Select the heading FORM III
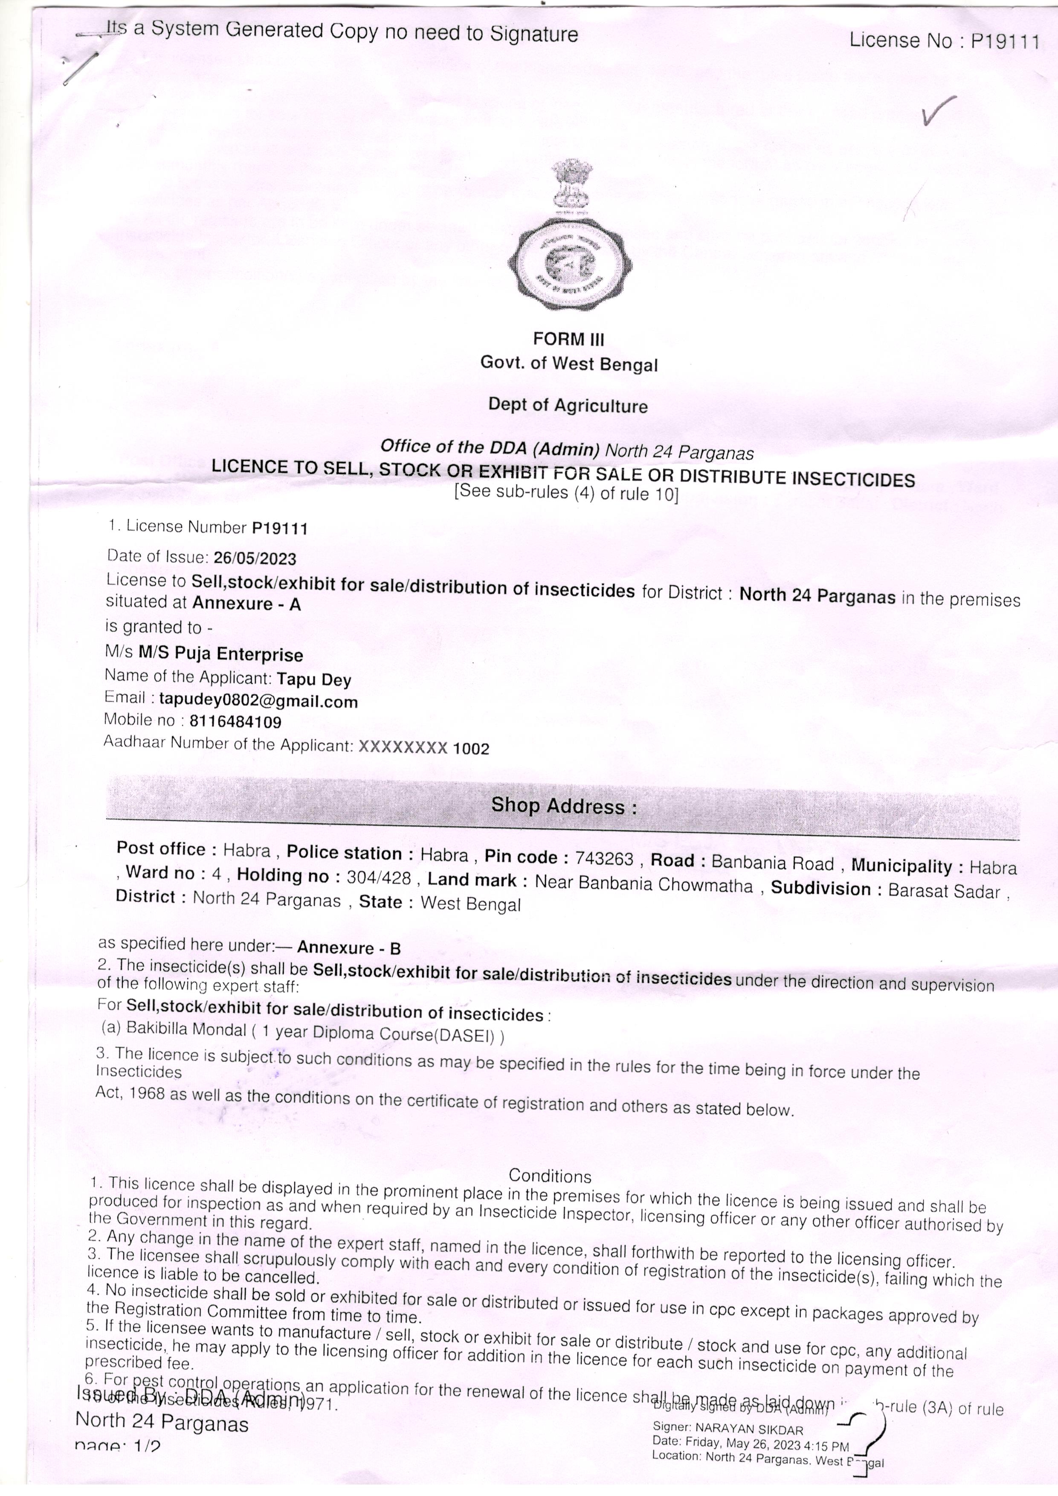pyautogui.click(x=568, y=339)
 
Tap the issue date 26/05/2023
pyautogui.click(x=255, y=558)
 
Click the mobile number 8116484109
pyautogui.click(x=235, y=722)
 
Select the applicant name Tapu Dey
pyautogui.click(x=314, y=680)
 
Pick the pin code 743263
pyautogui.click(x=605, y=859)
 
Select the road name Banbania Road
pyautogui.click(x=772, y=863)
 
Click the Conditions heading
pyautogui.click(x=550, y=1176)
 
